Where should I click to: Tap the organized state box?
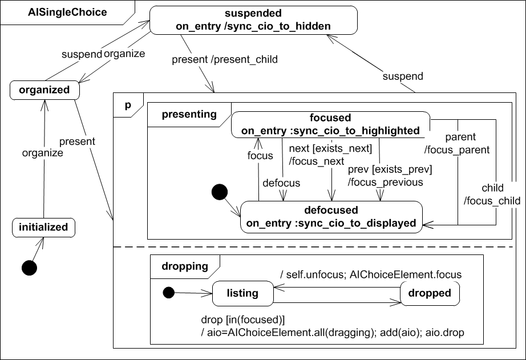(x=44, y=90)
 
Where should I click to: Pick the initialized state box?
(x=43, y=227)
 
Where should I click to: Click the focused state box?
(x=330, y=124)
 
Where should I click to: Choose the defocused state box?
(x=331, y=216)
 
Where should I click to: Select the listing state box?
(x=242, y=293)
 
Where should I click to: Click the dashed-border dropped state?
(x=430, y=293)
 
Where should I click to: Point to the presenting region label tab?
(x=189, y=114)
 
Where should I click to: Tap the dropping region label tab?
(x=184, y=265)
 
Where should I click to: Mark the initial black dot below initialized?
(x=29, y=266)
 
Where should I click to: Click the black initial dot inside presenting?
(x=220, y=193)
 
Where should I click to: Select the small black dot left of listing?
(x=168, y=293)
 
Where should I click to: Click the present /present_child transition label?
(x=224, y=59)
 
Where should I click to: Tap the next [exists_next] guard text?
(x=331, y=149)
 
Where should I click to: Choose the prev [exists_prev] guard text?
(x=390, y=169)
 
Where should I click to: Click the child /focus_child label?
(x=492, y=195)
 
